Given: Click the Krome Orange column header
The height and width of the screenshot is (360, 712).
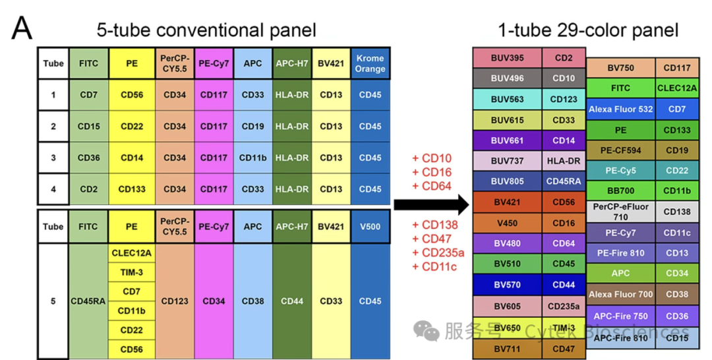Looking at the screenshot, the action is pos(370,63).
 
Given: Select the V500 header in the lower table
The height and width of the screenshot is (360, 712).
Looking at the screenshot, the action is pos(370,227).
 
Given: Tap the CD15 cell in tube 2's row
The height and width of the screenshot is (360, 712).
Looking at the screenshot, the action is pos(88,126).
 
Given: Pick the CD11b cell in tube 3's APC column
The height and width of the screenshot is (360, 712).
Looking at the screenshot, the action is pos(253,158).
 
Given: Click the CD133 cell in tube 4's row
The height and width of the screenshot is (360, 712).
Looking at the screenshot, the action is pos(132,189).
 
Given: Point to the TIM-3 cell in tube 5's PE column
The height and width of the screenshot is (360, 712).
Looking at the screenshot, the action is pos(132,272).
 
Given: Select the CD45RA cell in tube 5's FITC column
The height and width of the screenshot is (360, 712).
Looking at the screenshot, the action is pos(88,301).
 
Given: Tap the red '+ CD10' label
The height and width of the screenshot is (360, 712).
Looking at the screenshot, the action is pos(432,158).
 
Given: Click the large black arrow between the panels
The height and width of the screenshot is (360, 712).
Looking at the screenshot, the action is pos(431,205).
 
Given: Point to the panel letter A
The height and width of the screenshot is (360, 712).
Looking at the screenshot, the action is pos(22,28).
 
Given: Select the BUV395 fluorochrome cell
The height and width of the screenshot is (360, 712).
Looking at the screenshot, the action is pos(507,58).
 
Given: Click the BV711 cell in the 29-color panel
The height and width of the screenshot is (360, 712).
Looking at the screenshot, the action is pos(507,349).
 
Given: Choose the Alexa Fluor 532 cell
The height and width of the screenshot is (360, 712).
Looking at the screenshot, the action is pos(621,109).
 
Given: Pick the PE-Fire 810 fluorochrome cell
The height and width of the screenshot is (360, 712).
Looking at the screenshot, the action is pos(621,253).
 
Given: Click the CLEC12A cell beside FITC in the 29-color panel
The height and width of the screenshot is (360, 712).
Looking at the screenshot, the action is pos(677,88).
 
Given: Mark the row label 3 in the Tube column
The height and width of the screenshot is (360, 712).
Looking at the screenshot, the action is pos(53,158).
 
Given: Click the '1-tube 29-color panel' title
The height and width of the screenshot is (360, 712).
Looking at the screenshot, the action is pos(588,30).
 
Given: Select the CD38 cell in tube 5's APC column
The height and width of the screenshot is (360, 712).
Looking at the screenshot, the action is pos(253,301).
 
